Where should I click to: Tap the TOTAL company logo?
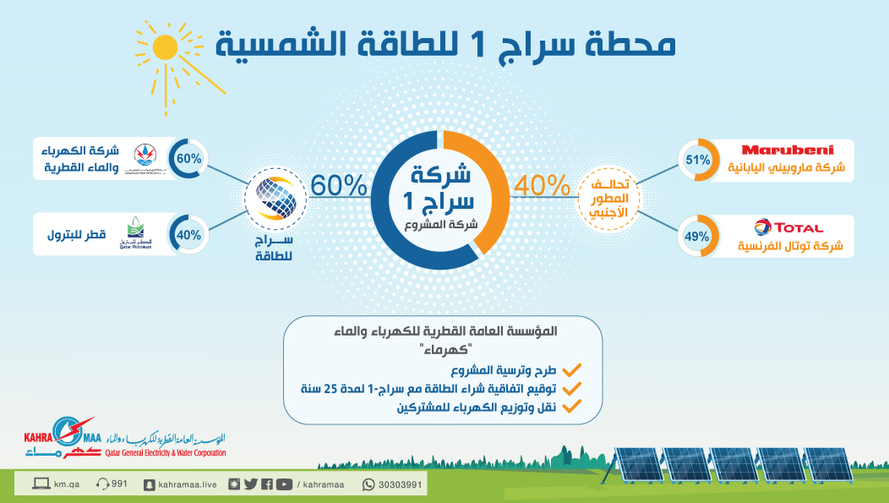coord(786,227)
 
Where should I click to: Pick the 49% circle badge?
coord(698,236)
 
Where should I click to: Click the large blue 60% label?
coord(338,183)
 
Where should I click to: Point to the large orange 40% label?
coord(542,183)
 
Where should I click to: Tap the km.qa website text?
coord(66,484)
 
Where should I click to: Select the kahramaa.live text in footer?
coord(185,484)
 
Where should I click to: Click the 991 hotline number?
coord(119,484)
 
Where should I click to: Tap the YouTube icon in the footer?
coord(283,484)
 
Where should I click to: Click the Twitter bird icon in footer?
coord(250,484)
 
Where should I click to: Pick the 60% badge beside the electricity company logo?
coord(186,157)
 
